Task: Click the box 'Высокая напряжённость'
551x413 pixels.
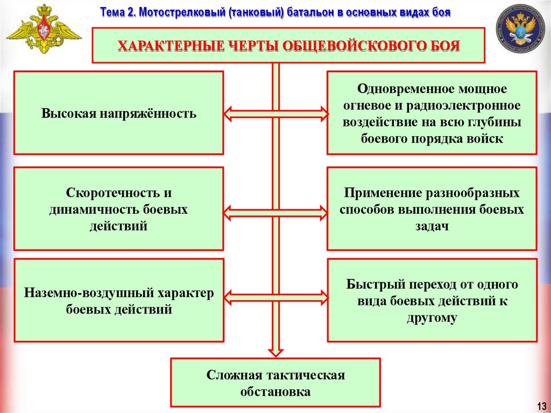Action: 118,113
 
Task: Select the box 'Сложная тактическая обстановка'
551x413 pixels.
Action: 275,382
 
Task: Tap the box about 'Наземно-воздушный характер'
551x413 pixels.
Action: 118,300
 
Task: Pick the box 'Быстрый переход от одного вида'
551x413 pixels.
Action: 432,300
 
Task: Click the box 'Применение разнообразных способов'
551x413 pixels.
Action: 432,209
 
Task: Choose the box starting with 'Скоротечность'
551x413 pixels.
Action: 118,209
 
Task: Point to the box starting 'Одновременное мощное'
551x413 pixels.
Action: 432,113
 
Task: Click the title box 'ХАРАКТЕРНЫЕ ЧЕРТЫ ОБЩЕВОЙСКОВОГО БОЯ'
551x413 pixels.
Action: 289,46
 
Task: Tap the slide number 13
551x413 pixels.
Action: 541,405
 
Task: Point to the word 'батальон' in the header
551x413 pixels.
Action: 307,12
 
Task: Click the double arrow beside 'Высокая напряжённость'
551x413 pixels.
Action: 275,113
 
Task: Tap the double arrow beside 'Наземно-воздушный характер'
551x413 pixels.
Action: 275,297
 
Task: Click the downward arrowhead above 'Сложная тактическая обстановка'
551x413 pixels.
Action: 275,351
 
